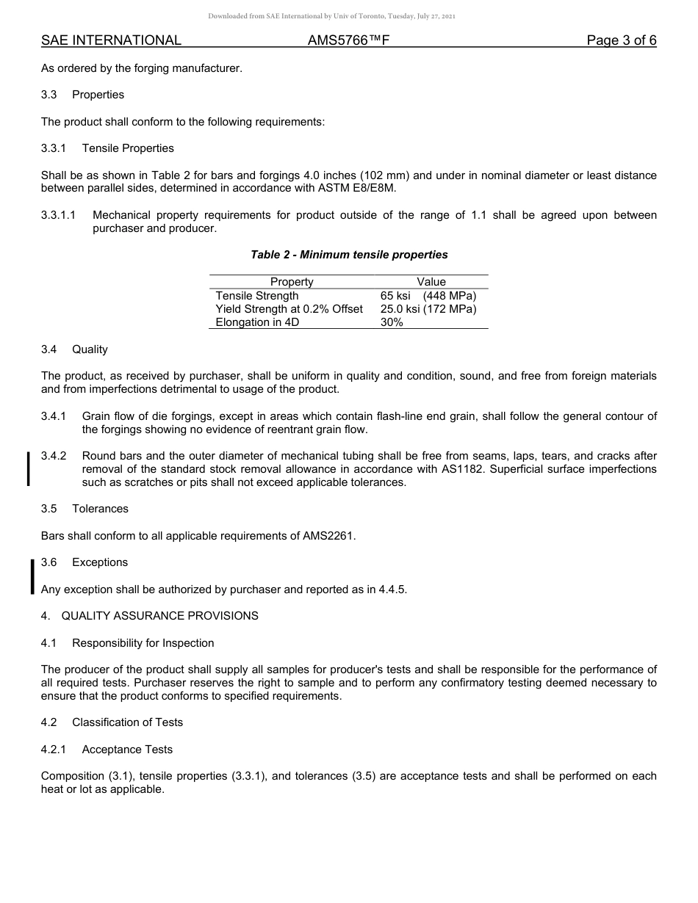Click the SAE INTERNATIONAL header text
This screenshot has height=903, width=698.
pos(111,40)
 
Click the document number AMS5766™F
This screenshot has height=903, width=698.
pos(348,40)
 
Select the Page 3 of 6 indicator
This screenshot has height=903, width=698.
pos(621,40)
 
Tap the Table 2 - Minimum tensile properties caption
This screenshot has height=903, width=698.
pos(349,255)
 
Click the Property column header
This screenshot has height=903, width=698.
pos(292,282)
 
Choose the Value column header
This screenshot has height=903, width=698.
pos(431,282)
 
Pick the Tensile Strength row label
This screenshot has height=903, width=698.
pos(257,295)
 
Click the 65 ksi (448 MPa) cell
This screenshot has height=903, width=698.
pos(428,295)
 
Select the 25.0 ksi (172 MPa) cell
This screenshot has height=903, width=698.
pos(428,309)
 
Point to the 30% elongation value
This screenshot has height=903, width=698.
pos(392,322)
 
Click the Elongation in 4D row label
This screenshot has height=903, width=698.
pos(257,322)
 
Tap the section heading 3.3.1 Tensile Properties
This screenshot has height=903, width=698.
pos(107,148)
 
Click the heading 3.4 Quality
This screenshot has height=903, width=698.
pos(74,349)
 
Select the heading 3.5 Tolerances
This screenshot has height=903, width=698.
pos(84,509)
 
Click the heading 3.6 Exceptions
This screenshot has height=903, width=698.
pos(84,562)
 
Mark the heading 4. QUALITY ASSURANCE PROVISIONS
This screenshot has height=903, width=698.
pos(150,616)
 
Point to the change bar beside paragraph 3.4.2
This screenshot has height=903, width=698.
pos(29,469)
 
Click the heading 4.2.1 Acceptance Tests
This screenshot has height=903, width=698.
pos(107,750)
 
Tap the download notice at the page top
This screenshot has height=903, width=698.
pos(332,15)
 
